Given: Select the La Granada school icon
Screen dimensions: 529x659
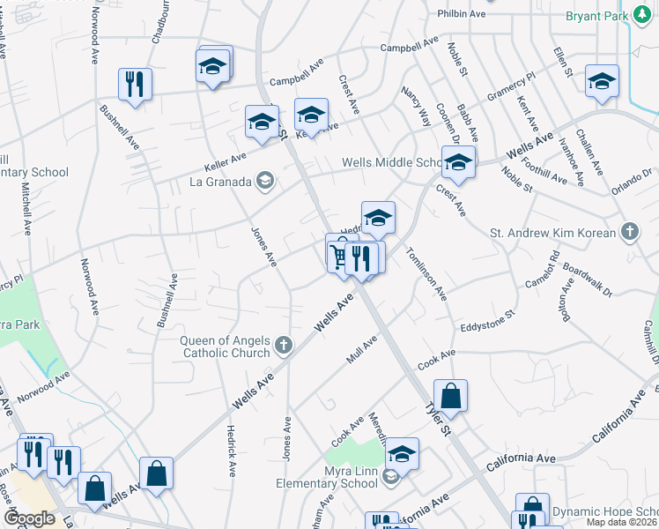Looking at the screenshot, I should [x=263, y=183].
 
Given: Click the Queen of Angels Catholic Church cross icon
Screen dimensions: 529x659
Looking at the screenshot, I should [x=283, y=345].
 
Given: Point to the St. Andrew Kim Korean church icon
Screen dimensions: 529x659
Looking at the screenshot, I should [x=629, y=233].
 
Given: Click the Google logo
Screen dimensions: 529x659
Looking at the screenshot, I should [x=30, y=518].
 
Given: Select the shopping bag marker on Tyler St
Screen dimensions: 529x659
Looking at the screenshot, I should [x=450, y=397].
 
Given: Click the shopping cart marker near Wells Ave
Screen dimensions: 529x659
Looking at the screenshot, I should [x=339, y=256].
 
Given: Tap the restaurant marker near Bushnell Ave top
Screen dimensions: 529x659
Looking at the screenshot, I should [x=135, y=85].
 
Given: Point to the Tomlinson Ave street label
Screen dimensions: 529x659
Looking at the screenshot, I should [x=427, y=272].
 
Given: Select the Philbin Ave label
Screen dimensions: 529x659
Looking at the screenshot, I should [x=462, y=15].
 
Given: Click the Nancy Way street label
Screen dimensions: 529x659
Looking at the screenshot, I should [x=416, y=106].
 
